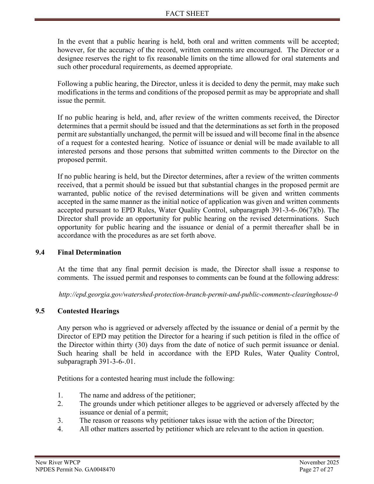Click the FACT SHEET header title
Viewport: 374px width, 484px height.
click(x=187, y=13)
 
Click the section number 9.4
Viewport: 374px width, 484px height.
click(x=40, y=253)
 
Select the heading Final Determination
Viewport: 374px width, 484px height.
click(x=89, y=253)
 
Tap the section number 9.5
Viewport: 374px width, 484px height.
click(x=40, y=311)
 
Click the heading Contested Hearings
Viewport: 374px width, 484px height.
click(x=88, y=311)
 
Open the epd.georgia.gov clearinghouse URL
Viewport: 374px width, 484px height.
click(x=198, y=295)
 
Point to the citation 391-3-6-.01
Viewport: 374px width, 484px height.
click(x=117, y=362)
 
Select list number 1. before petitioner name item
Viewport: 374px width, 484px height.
click(x=60, y=395)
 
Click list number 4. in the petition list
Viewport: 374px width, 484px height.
click(x=60, y=429)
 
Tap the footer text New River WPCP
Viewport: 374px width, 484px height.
click(x=58, y=463)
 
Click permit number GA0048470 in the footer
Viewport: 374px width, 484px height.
click(x=100, y=469)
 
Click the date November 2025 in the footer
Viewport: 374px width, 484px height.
click(x=319, y=463)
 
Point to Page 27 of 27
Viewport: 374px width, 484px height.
click(x=316, y=469)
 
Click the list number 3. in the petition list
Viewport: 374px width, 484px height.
click(x=60, y=421)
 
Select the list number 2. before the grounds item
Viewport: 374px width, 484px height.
click(x=60, y=404)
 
